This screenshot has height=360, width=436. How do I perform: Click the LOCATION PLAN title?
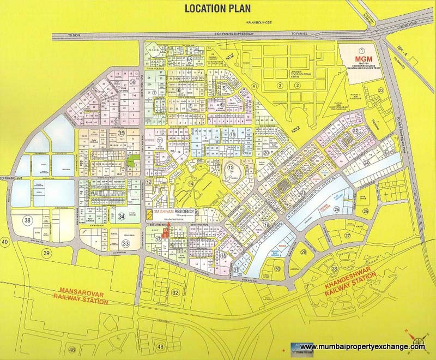[x=218, y=8]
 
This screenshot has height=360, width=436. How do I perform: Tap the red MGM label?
[x=362, y=58]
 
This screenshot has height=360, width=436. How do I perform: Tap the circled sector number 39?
[x=47, y=254]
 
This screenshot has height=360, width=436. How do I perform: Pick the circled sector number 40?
[x=5, y=241]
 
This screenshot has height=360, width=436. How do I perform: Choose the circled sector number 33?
[x=126, y=244]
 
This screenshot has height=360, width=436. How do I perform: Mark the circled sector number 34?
[x=122, y=217]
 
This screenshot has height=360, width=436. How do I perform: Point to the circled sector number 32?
[x=175, y=293]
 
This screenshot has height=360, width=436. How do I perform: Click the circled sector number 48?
[x=160, y=346]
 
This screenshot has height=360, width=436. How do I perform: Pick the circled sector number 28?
[x=334, y=269]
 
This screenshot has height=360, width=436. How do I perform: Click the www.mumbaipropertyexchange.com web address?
[x=362, y=347]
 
